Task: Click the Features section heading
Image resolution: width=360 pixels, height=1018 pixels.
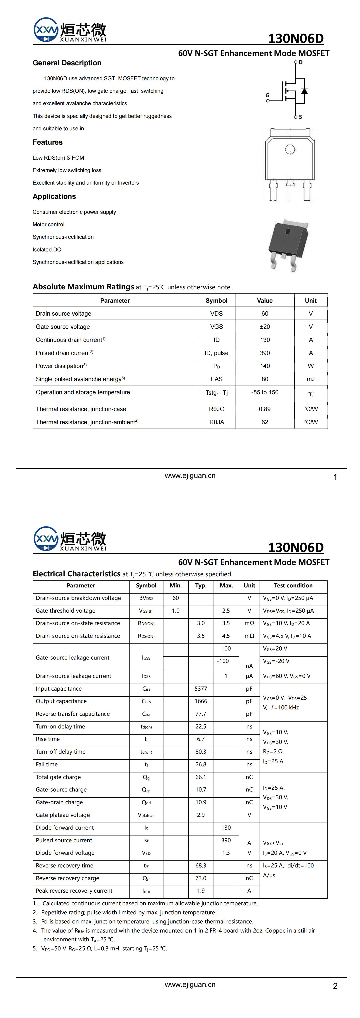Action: pos(47,142)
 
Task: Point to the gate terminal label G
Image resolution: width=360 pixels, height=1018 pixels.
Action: pos(268,95)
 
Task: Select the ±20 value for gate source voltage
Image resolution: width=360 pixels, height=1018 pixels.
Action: pos(265,327)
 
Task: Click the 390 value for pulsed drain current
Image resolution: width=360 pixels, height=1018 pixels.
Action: pos(265,353)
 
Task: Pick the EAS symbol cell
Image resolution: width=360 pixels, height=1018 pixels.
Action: pos(216,379)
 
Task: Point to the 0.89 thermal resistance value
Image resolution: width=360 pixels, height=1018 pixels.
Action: pos(265,409)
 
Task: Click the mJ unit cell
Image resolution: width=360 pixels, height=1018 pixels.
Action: pos(311,379)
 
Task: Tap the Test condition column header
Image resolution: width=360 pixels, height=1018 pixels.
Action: pos(293,586)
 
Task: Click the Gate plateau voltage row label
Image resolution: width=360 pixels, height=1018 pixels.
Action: pos(63,815)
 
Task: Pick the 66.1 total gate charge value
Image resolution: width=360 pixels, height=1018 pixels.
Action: pos(201,777)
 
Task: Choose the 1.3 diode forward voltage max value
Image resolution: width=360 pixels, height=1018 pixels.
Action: pos(226,853)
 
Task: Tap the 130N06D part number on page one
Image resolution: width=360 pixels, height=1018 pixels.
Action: pos(296,38)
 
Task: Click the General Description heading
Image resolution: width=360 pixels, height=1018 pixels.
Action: pos(67,63)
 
